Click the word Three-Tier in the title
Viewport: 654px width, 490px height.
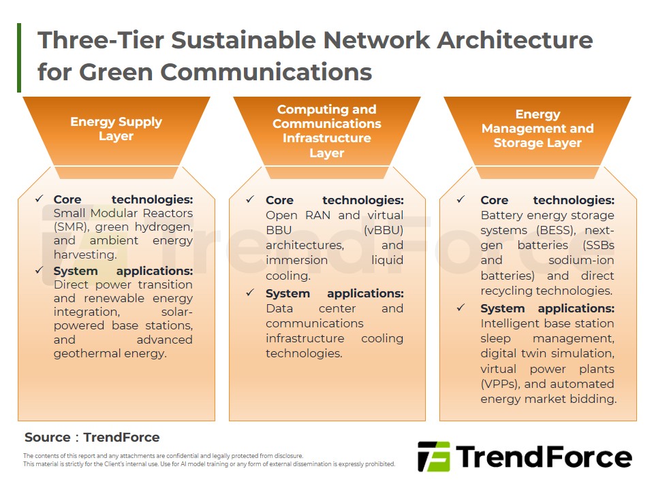pos(101,40)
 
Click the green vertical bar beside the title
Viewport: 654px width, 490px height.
pos(19,57)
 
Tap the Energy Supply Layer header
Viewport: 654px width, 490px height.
pos(116,129)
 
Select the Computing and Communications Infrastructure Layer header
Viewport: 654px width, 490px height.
pos(327,131)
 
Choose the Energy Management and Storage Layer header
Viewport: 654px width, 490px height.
pos(538,129)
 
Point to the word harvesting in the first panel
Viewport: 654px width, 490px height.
pos(84,255)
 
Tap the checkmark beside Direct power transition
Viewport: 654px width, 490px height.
pos(40,270)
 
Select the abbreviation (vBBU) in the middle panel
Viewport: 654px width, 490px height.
pos(384,231)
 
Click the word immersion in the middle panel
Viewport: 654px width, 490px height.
pos(296,261)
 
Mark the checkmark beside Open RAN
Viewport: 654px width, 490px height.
pos(250,199)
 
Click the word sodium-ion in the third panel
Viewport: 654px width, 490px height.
pos(581,261)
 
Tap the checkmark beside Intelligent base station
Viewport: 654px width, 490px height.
pos(461,308)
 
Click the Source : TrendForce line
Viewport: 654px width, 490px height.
pos(92,437)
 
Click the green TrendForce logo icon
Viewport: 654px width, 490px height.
pos(434,457)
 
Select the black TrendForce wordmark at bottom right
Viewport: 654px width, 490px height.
pos(544,457)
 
